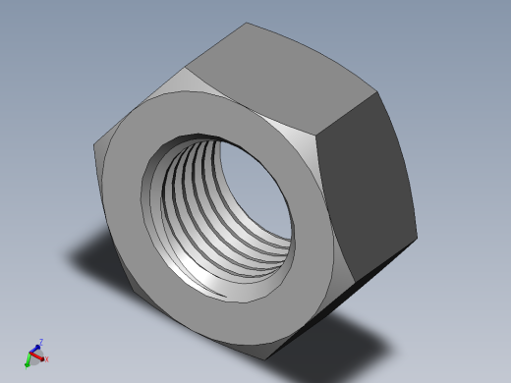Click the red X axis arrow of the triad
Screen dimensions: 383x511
41,360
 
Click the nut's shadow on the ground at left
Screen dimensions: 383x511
93,255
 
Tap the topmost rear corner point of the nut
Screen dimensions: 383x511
247,23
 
